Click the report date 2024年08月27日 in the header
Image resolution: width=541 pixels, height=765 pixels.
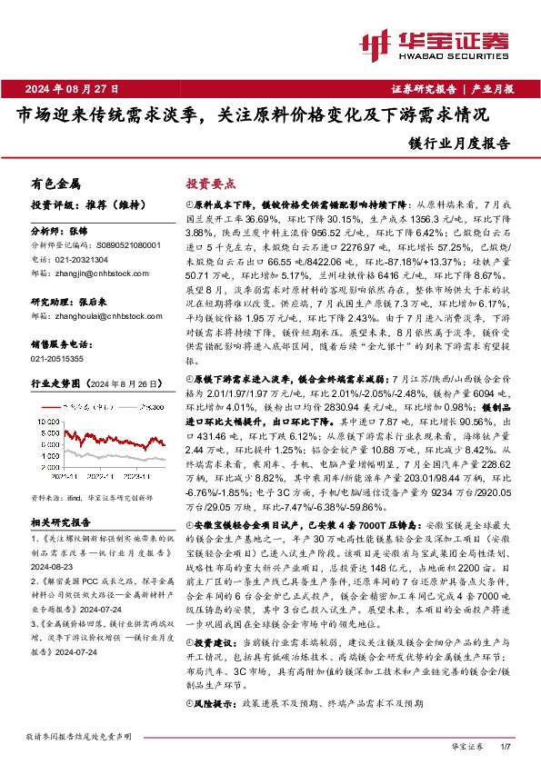coord(73,88)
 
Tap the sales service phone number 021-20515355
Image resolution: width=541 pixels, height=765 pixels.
coord(55,359)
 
